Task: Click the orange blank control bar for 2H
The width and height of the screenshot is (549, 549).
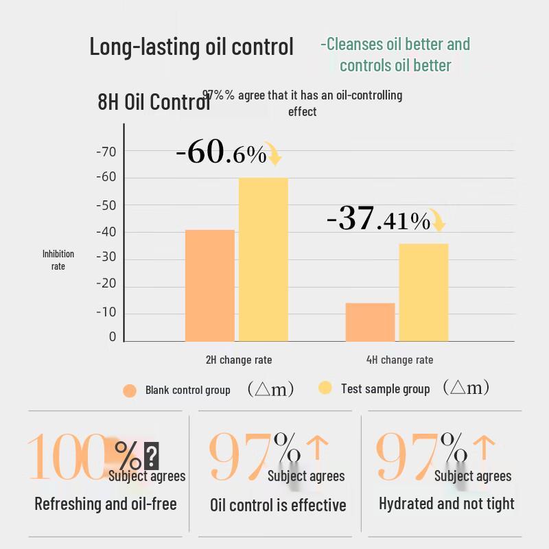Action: [209, 285]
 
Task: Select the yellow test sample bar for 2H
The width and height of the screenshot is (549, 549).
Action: [263, 259]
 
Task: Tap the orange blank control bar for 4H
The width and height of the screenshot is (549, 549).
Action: [370, 322]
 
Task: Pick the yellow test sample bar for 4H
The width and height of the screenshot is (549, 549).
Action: [423, 292]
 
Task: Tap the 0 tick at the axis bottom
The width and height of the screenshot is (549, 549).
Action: [113, 337]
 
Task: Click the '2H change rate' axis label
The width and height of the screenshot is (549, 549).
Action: [239, 360]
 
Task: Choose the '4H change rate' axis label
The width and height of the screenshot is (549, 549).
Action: [399, 360]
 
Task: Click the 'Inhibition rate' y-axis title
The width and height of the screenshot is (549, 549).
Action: [58, 259]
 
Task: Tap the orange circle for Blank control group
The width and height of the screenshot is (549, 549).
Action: [130, 390]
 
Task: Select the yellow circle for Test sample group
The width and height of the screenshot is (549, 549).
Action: [325, 388]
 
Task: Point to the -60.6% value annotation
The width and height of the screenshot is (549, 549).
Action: [221, 153]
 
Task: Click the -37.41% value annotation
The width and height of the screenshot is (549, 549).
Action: [378, 220]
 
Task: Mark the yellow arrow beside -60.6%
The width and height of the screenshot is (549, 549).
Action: [274, 154]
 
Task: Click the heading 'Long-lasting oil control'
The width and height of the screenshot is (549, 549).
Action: [191, 47]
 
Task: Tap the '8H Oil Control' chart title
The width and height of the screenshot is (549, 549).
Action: [152, 102]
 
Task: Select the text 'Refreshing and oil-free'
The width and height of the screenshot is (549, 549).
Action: [106, 504]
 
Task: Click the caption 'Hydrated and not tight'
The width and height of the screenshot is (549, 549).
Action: [446, 504]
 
